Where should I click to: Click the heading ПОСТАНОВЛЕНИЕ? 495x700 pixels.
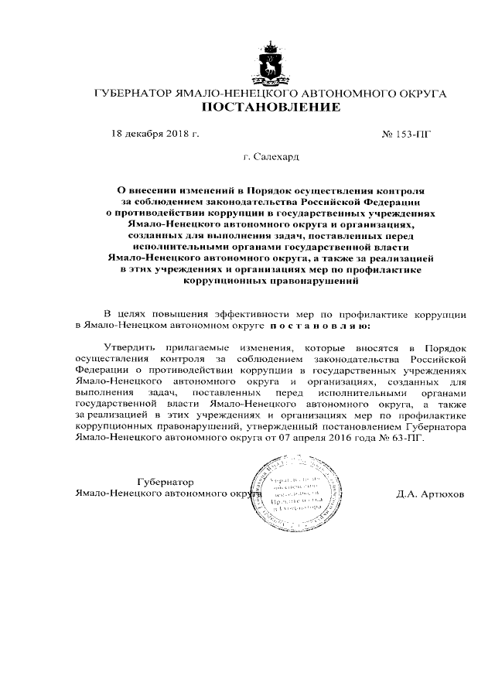pos(271,108)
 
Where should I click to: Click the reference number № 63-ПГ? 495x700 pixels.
pos(404,437)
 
